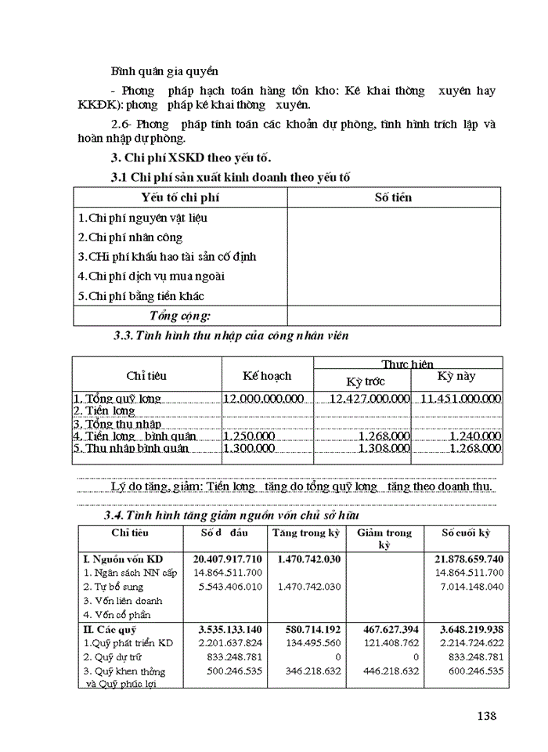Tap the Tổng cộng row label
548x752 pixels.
coord(180,316)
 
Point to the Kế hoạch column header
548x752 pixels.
coord(267,376)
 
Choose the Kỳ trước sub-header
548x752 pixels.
coord(362,381)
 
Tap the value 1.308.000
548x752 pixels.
coord(384,449)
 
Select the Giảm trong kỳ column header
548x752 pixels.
coord(384,538)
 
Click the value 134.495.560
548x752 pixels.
coord(307,643)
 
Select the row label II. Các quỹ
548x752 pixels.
coord(110,629)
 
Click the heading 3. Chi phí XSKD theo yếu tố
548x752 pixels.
coord(189,159)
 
